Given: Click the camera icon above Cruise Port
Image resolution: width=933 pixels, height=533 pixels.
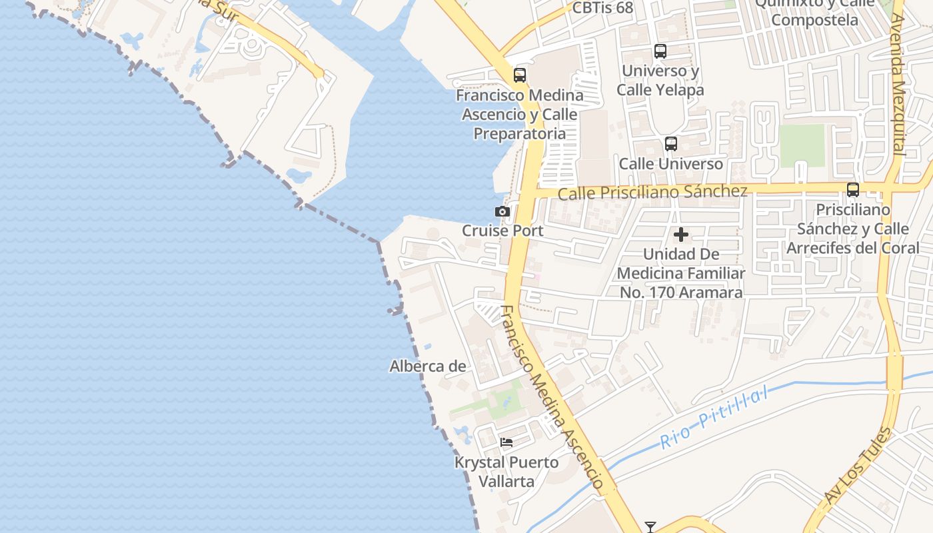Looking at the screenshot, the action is coord(502,212).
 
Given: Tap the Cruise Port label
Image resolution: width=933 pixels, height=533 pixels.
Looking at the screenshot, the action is coord(502,231).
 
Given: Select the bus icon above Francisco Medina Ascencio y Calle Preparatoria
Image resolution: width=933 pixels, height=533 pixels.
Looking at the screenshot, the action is coord(520,75).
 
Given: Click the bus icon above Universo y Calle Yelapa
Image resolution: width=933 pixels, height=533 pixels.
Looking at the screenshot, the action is coord(660,51).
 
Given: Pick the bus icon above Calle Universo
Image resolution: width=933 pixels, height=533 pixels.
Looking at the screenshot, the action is coord(671,144).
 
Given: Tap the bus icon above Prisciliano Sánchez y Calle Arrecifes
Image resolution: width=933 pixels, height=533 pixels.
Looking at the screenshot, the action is coord(853,189).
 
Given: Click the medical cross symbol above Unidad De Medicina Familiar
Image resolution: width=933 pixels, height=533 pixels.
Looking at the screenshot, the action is coord(681,235).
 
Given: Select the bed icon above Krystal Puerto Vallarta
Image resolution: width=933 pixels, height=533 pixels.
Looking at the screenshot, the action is coord(506,442).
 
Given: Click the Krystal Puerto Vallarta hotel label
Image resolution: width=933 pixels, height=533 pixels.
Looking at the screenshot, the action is coord(506,471).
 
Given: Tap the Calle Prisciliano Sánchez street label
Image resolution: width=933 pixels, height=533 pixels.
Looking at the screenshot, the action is coord(652,193).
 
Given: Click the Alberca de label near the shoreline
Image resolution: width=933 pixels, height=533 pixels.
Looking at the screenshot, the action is coord(427,366).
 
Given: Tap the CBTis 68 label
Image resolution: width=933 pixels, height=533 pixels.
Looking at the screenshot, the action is coord(602,8).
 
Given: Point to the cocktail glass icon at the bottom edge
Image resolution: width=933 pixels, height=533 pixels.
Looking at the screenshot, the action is coord(650,527).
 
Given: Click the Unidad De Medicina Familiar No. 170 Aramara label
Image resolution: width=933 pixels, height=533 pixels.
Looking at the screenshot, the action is coord(680,273).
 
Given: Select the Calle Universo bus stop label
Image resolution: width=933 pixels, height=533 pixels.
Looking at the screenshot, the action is coord(670,164).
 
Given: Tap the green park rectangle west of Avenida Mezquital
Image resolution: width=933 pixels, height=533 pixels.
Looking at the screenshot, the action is coord(802,145).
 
